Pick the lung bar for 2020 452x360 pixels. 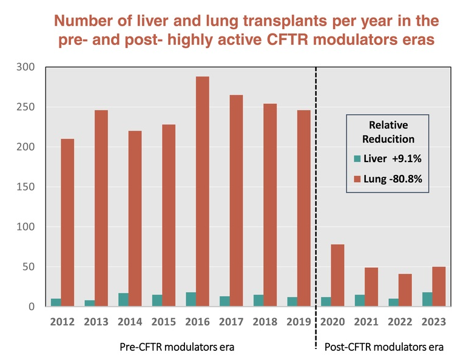coord(336,276)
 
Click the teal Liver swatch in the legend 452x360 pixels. coord(358,159)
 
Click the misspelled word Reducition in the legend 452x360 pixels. coord(388,139)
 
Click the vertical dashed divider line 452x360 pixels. coord(316,182)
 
